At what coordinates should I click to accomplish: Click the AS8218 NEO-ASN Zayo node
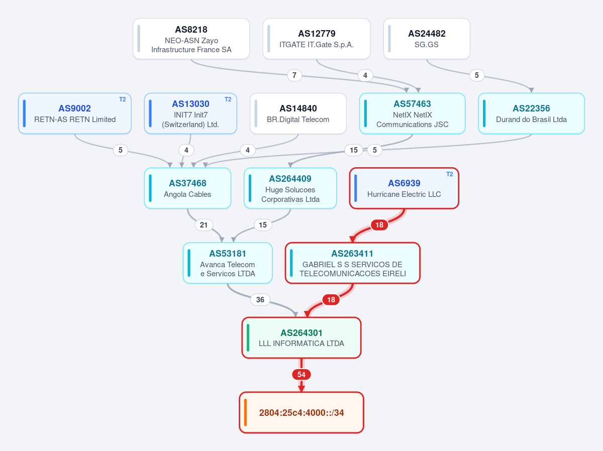tap(191, 39)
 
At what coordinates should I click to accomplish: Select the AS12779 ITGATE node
tap(317, 39)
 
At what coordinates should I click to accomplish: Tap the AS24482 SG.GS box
tap(427, 39)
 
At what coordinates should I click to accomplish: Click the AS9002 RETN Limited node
tap(75, 114)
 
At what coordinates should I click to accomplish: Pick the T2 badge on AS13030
tap(228, 99)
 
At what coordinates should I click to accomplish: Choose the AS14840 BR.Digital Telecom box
tap(298, 114)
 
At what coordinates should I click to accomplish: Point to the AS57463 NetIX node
tap(413, 114)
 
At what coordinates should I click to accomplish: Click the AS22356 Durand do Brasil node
tap(531, 114)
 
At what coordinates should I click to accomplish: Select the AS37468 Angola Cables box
tap(187, 188)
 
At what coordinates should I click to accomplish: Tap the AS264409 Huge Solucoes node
tap(290, 188)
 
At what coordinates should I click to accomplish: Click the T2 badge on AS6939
tap(449, 174)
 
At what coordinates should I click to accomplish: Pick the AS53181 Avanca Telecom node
tap(228, 263)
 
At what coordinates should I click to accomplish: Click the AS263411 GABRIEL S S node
tap(353, 263)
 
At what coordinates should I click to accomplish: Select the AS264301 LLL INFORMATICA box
tap(301, 337)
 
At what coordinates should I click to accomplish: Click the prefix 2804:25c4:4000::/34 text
tap(301, 412)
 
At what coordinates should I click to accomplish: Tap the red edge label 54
tap(301, 375)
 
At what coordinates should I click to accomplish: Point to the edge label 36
tap(260, 299)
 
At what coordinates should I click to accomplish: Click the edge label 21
tap(204, 225)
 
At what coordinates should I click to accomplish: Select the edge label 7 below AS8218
tap(294, 75)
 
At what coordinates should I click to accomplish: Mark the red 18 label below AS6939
tap(379, 225)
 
